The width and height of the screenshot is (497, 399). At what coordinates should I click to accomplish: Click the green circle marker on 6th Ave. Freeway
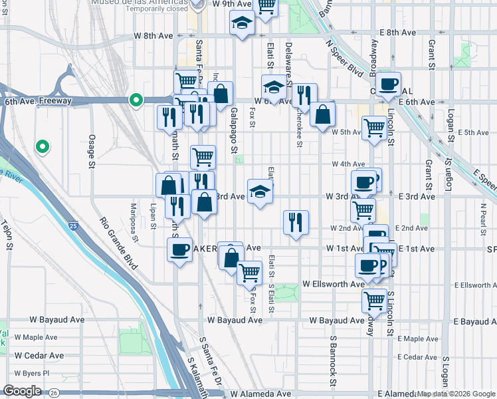[136, 101]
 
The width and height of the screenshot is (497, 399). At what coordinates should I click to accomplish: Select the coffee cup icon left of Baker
[179, 250]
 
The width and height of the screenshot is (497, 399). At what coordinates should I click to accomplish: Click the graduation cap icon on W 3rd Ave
[260, 192]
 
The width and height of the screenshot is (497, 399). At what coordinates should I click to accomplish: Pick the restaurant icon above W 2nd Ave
[296, 222]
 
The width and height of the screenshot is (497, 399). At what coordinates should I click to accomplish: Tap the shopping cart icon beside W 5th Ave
[375, 128]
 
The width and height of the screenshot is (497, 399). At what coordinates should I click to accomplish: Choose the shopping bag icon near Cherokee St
[322, 114]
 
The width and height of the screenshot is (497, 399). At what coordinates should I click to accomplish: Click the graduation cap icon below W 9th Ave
[242, 24]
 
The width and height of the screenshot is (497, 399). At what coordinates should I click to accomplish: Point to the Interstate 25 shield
[72, 226]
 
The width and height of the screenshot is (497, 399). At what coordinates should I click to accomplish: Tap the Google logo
[22, 391]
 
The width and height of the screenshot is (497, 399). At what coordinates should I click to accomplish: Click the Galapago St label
[235, 132]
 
